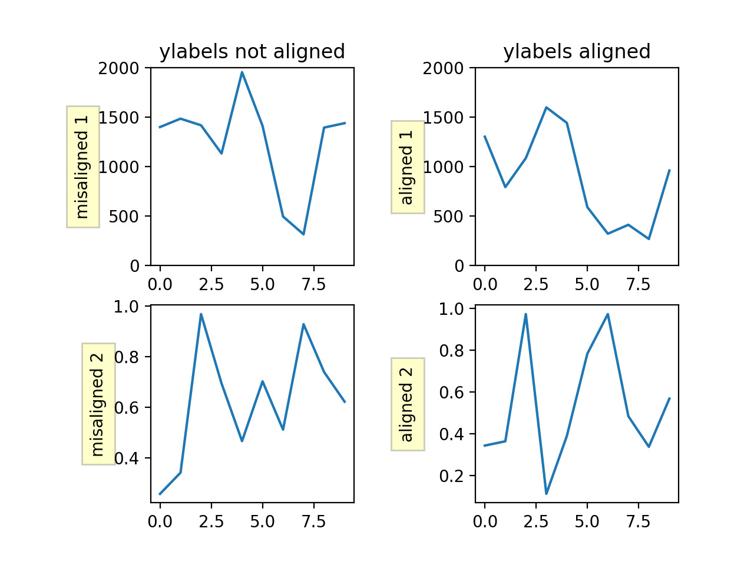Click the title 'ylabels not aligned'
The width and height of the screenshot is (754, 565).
pos(252,52)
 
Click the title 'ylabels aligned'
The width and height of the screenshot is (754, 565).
pos(577,52)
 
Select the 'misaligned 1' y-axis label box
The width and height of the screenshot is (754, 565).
pos(82,167)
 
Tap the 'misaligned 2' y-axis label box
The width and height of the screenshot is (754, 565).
pos(98,404)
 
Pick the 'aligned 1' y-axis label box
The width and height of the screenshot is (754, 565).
pos(408,167)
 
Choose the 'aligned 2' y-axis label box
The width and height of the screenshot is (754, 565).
pos(408,404)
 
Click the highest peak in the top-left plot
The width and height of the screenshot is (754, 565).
pos(242,72)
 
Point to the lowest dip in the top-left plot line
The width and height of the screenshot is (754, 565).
pos(303,234)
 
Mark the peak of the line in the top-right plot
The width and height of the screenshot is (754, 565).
pos(546,107)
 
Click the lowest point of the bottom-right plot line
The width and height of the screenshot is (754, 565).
pos(546,493)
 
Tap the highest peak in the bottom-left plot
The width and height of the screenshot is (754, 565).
pos(201,314)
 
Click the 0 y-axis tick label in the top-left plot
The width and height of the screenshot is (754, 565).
pos(135,266)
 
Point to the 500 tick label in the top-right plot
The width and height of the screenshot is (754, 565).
pos(449,217)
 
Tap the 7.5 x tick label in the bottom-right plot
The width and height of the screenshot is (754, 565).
pos(638,521)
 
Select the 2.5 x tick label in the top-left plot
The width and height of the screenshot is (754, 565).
pos(211,285)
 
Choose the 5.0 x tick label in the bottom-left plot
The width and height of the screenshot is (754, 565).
pos(262,521)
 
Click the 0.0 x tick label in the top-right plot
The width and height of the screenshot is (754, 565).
pos(485,285)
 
